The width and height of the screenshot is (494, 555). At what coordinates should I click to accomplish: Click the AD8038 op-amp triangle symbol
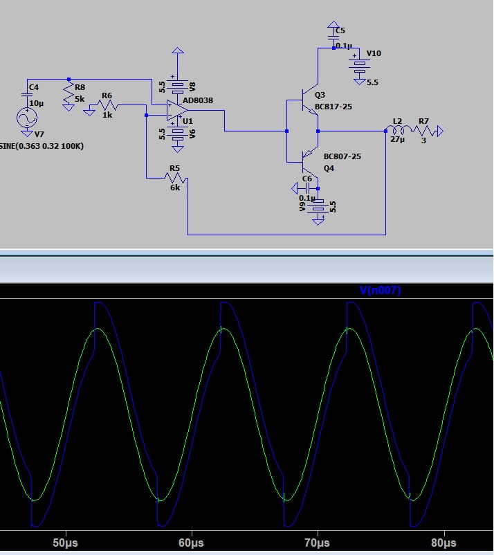(177, 110)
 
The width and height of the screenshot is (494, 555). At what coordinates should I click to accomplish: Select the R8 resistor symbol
(68, 94)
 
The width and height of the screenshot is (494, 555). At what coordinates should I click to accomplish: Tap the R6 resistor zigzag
(107, 104)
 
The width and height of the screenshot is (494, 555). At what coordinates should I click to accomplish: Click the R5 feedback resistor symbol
(176, 178)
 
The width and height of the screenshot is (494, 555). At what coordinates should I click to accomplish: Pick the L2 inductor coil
(399, 130)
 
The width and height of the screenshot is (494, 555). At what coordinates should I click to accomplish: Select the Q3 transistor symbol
(309, 100)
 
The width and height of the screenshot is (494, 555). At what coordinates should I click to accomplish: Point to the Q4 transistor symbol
(309, 162)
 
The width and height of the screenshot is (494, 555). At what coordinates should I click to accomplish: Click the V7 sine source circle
(27, 118)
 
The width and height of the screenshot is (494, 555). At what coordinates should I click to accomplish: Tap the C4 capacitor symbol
(27, 95)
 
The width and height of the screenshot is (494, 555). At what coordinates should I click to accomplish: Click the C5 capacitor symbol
(333, 37)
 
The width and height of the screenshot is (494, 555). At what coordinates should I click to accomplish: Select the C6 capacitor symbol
(307, 188)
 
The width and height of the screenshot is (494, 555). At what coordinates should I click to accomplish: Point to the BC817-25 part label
(333, 107)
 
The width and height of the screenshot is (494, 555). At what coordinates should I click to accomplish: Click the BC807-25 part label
(342, 156)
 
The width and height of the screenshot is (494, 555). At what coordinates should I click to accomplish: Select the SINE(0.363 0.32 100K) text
(42, 146)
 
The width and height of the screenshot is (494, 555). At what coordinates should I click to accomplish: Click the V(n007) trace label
(380, 290)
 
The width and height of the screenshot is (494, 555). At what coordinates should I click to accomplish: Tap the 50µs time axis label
(66, 543)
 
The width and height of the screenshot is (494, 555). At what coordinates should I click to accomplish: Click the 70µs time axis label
(318, 543)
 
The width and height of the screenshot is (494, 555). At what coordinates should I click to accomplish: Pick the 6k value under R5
(175, 188)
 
